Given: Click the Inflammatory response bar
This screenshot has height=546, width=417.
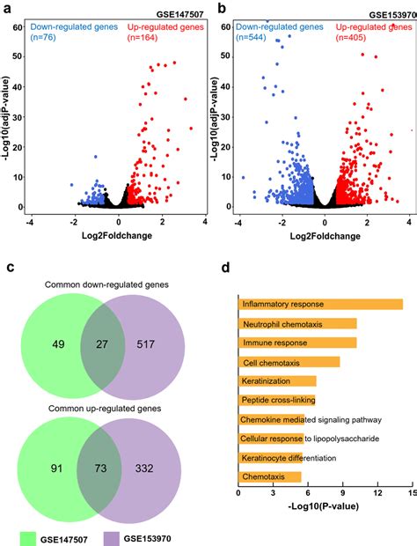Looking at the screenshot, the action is tap(320, 304).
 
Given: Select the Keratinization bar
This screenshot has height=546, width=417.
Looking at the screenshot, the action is tap(277, 381).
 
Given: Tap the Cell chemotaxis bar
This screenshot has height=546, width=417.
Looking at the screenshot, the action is tap(289, 362).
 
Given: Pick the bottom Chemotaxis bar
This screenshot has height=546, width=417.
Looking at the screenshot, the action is tap(269, 476).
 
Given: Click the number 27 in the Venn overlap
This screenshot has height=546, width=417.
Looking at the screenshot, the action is tap(102, 344).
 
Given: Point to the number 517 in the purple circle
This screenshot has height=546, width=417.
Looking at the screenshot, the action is tap(146, 344).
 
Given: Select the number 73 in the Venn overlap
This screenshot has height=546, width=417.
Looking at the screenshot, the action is tap(100, 468).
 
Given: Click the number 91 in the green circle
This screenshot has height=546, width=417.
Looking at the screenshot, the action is tap(56, 468).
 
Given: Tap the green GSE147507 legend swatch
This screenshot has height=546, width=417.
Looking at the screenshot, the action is tap(28, 539).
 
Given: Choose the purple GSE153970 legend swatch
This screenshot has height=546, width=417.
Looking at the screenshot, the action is tap(112, 539).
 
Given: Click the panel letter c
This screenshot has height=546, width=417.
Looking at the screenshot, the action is tap(11, 268).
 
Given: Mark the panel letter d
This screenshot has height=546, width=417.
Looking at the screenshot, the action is tap(225, 268).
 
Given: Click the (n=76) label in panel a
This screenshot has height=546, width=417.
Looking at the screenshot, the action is tap(43, 37).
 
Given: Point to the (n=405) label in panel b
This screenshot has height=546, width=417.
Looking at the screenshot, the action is tap(351, 37).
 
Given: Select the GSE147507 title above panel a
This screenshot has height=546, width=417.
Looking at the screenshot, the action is tap(179, 15).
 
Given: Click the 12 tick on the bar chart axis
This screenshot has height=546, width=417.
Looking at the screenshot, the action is tap(377, 493).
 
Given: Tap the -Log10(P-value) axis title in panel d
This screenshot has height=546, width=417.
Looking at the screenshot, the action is tap(324, 505).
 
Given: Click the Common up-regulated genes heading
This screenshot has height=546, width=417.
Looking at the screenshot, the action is tap(105, 408).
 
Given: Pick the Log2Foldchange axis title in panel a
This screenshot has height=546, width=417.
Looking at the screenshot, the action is tap(117, 236).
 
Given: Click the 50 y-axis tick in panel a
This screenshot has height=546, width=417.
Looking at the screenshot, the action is tap(17, 56).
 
